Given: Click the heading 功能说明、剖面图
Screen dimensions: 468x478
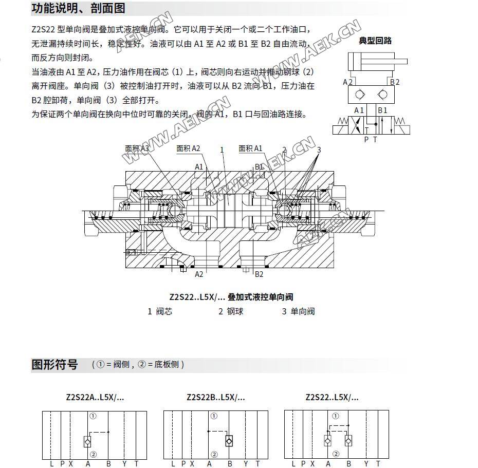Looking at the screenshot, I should coord(78,9).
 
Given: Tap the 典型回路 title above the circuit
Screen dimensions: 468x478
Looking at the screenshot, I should coord(375,41).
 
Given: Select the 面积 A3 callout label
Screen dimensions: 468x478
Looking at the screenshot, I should coord(137,148).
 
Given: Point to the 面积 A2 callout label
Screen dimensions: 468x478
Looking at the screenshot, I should coord(188,148).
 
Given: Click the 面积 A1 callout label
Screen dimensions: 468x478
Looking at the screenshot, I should coord(250,148).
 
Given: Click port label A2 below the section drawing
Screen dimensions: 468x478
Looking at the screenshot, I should coord(199,274).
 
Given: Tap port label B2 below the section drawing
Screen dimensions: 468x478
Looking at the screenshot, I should coord(259,274).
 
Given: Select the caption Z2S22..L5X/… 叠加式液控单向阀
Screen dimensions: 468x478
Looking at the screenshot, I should coord(231,296).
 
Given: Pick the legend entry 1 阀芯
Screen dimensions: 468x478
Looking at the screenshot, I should coord(160,311).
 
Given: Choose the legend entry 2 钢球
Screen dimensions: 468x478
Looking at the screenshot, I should coord(231,311).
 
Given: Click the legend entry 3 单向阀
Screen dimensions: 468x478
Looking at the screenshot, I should coord(298,311).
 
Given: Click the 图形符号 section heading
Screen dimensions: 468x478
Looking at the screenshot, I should coord(54,365).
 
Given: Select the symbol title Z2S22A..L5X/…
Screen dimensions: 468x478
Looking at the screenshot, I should coord(95,397).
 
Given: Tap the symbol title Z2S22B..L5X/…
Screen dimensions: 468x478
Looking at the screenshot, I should coord(216,397).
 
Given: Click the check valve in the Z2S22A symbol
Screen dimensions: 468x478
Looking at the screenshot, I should coord(87,441).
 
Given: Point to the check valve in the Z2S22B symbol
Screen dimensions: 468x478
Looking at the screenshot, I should coord(229,441).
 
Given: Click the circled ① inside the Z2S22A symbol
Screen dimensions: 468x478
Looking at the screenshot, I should coord(93,416).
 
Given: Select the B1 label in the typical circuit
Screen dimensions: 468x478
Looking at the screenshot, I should coord(382,110).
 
